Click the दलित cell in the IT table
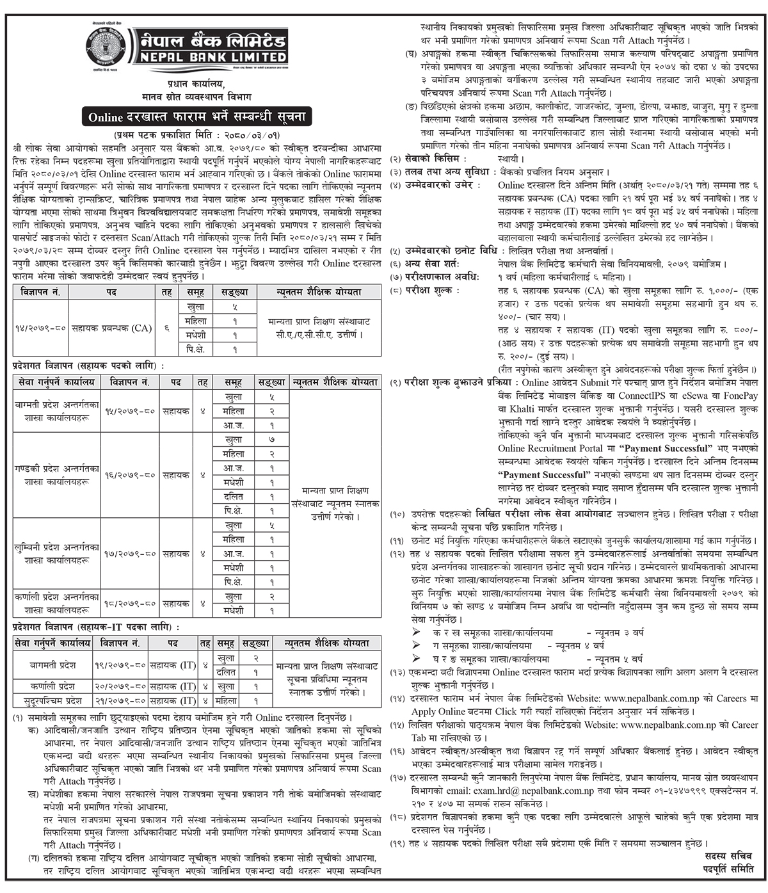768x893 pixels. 225,672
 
